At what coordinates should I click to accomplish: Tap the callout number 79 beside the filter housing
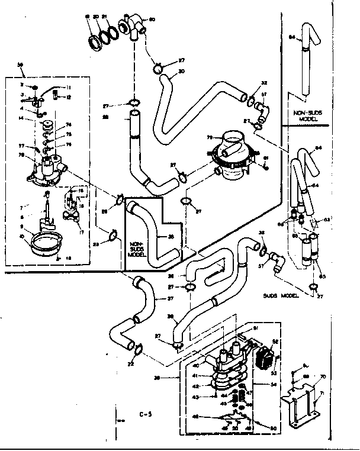(x=210, y=138)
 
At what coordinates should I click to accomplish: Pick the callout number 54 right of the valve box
(x=274, y=384)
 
